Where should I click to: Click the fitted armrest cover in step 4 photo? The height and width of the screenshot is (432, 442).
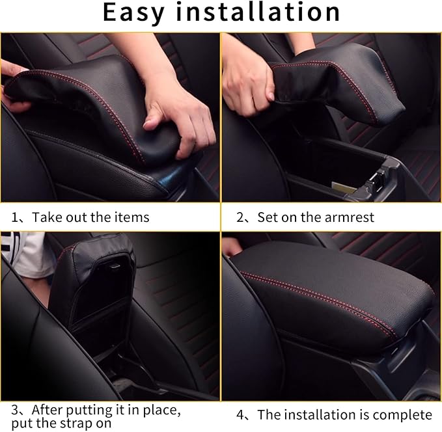click(x=332, y=293)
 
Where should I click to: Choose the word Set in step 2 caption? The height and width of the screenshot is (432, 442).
click(x=267, y=217)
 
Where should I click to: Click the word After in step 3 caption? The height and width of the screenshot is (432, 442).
click(x=49, y=411)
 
